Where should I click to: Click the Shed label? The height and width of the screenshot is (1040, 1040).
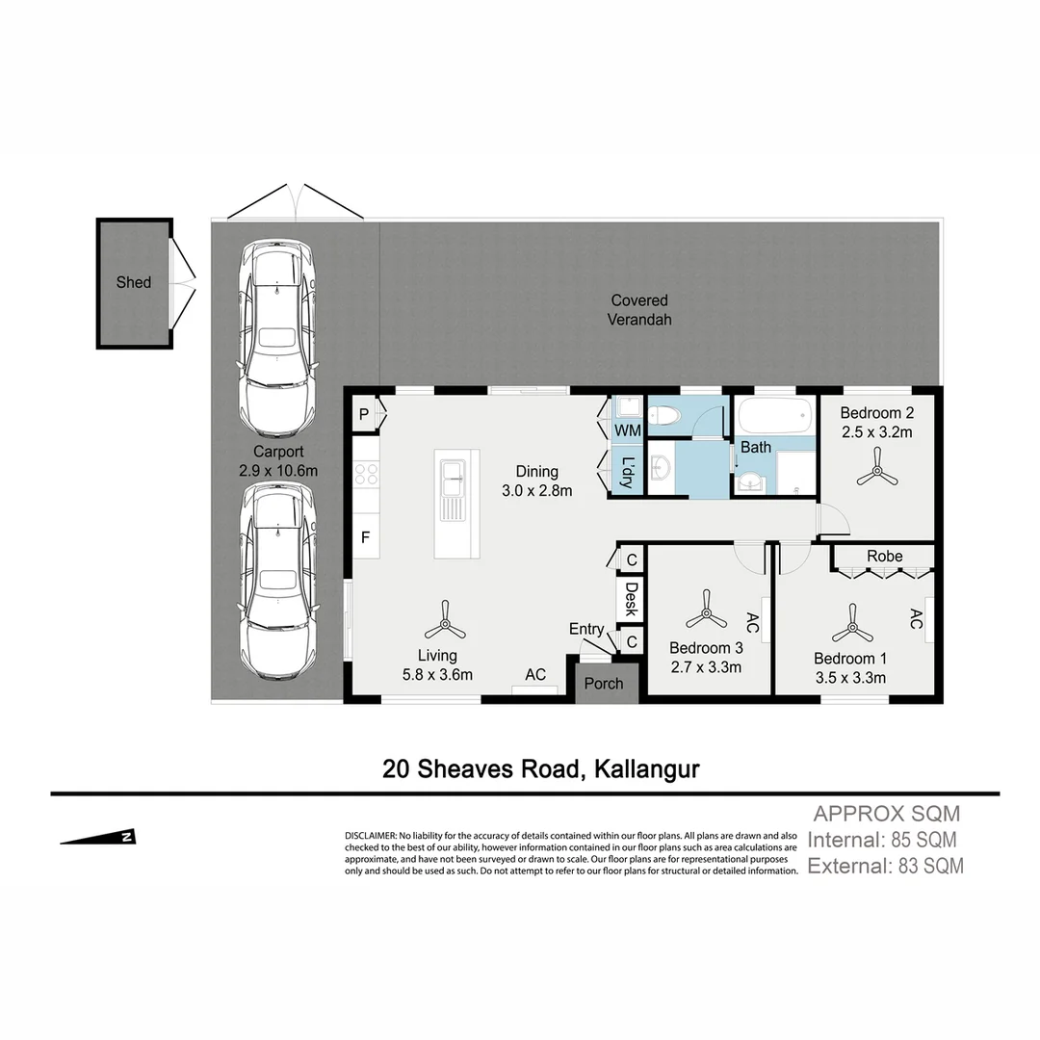pyautogui.click(x=134, y=282)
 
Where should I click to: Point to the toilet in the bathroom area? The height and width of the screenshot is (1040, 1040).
pyautogui.click(x=665, y=416)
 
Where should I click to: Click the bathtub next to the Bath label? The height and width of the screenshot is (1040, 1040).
pyautogui.click(x=773, y=417)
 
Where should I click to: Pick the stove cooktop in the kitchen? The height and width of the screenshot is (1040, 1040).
pyautogui.click(x=366, y=474)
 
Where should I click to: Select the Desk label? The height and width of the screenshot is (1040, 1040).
pyautogui.click(x=631, y=599)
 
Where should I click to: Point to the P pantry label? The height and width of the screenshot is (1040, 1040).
pyautogui.click(x=363, y=414)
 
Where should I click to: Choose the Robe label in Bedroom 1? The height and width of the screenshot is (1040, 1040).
pyautogui.click(x=884, y=557)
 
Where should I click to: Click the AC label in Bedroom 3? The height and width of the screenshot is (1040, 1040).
pyautogui.click(x=753, y=624)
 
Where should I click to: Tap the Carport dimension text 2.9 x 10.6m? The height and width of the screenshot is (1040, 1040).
pyautogui.click(x=278, y=471)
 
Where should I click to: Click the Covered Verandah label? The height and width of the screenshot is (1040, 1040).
pyautogui.click(x=638, y=310)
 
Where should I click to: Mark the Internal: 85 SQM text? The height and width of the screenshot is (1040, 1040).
pyautogui.click(x=882, y=840)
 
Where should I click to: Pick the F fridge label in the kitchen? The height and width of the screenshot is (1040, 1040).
pyautogui.click(x=365, y=537)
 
